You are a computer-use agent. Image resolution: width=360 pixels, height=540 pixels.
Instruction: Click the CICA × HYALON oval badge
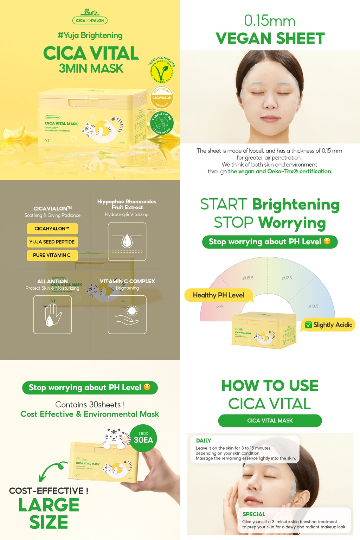click(90, 20)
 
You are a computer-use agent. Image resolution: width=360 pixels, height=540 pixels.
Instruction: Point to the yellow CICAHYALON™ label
click(52, 229)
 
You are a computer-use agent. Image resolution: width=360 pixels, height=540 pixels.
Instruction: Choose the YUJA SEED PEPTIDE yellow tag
click(52, 242)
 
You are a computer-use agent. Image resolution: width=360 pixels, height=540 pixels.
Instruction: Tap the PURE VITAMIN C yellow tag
click(52, 255)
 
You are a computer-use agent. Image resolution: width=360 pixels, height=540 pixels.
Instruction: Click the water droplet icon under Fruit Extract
click(127, 242)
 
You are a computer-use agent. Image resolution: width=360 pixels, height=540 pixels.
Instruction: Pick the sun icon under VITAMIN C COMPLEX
click(127, 314)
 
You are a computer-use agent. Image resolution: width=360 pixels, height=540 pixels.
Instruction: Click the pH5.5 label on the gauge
click(248, 278)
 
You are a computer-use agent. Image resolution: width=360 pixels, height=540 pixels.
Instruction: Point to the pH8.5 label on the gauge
click(313, 306)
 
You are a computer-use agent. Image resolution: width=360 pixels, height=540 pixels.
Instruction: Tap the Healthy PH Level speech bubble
click(218, 295)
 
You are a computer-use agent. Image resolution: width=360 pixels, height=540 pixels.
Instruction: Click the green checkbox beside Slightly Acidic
click(308, 325)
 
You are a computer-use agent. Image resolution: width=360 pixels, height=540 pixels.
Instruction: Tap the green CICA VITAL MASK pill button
click(270, 420)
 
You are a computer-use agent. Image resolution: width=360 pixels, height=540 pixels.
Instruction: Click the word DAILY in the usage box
click(204, 441)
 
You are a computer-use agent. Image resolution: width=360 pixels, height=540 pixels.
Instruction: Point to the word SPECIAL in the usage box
click(253, 514)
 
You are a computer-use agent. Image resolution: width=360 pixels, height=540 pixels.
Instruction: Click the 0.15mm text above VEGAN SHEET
click(270, 21)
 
